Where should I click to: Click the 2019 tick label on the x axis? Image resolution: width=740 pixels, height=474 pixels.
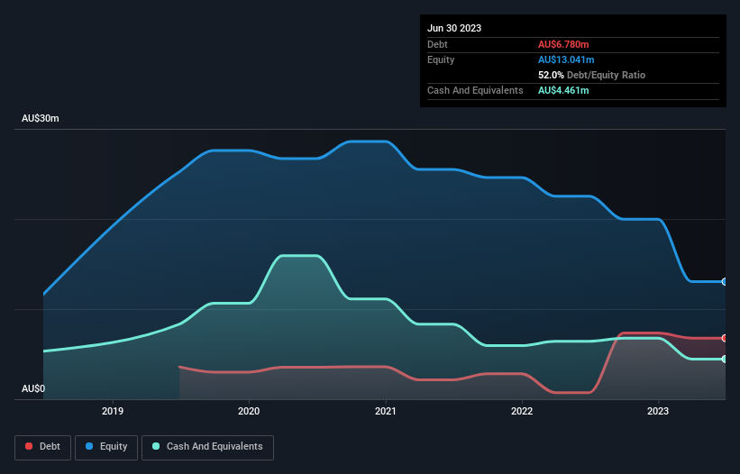(113, 412)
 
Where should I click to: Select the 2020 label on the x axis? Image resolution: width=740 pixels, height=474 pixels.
(249, 412)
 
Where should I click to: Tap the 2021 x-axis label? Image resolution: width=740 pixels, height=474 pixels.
(386, 412)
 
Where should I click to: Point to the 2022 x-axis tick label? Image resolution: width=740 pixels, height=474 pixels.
(522, 412)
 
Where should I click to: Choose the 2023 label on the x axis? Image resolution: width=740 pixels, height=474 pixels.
(658, 412)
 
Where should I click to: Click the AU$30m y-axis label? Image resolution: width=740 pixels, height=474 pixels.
(41, 119)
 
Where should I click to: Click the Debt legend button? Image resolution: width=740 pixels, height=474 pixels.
(42, 447)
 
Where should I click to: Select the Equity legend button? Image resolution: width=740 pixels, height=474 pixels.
(106, 447)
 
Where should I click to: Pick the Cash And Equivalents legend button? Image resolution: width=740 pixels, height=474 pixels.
(207, 447)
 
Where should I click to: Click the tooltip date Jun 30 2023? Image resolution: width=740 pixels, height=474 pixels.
(454, 28)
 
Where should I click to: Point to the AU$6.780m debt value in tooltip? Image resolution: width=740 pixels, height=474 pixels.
(563, 44)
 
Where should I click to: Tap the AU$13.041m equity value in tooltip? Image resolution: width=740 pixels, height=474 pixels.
(567, 59)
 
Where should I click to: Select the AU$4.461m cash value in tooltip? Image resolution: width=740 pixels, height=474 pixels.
(563, 90)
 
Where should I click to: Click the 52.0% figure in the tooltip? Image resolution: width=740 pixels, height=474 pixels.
(551, 75)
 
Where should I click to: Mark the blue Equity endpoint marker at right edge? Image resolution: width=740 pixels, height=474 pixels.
(725, 282)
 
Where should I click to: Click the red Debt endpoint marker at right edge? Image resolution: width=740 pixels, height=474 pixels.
(725, 338)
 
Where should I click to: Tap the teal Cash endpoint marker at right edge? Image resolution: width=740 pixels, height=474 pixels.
(725, 360)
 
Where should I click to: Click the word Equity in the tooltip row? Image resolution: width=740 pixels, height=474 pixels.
(441, 59)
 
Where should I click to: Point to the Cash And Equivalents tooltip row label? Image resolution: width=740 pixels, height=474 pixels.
(475, 90)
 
